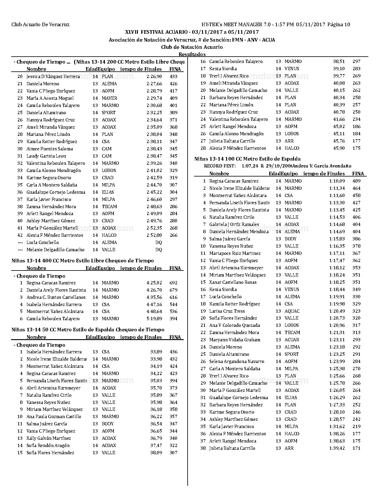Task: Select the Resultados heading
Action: pos(192,54)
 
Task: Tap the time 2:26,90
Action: pos(154,77)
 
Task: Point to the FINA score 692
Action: pos(173,283)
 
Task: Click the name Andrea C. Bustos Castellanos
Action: pos(56,297)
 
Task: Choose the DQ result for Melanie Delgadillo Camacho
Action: pos(158,250)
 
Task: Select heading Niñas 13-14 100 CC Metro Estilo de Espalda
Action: pos(247,159)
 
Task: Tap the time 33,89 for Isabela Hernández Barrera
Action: pos(156,352)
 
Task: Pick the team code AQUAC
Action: pos(292,311)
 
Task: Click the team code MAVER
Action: pos(109,98)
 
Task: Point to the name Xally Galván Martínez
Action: pos(48,438)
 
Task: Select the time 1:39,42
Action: pos(337,448)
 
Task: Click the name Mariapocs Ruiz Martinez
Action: pos(235,253)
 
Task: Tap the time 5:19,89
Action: pos(154,319)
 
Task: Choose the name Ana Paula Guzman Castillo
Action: pos(54,417)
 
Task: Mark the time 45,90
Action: pos(339,148)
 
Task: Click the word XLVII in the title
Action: pos(132,32)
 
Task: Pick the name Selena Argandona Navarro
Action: pos(237,361)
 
